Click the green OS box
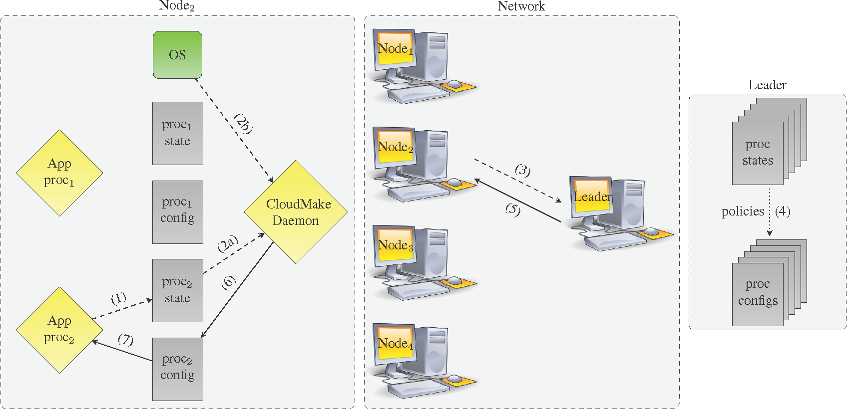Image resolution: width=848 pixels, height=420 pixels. [x=177, y=55]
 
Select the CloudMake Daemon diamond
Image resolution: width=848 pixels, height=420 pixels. [x=296, y=212]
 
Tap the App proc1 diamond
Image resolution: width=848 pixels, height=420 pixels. [x=59, y=173]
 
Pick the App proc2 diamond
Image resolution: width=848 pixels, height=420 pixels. [x=59, y=330]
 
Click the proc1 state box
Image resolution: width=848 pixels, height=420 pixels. [x=177, y=133]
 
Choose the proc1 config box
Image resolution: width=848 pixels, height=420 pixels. [x=177, y=211]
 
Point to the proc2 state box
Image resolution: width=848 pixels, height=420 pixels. [x=177, y=290]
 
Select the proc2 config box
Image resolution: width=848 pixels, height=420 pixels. [x=177, y=369]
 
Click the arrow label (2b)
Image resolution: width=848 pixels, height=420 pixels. [x=243, y=124]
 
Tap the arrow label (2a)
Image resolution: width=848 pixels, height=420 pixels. [x=228, y=244]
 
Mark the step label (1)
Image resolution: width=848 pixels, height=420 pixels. [x=118, y=298]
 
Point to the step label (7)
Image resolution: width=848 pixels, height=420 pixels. [x=125, y=340]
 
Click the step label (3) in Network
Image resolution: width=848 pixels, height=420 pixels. [x=522, y=170]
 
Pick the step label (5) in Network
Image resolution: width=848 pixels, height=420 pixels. [x=513, y=209]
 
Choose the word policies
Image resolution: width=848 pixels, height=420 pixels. [x=743, y=211]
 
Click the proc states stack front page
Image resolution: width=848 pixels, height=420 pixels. [x=757, y=153]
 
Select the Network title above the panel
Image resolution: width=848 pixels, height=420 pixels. [x=521, y=6]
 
